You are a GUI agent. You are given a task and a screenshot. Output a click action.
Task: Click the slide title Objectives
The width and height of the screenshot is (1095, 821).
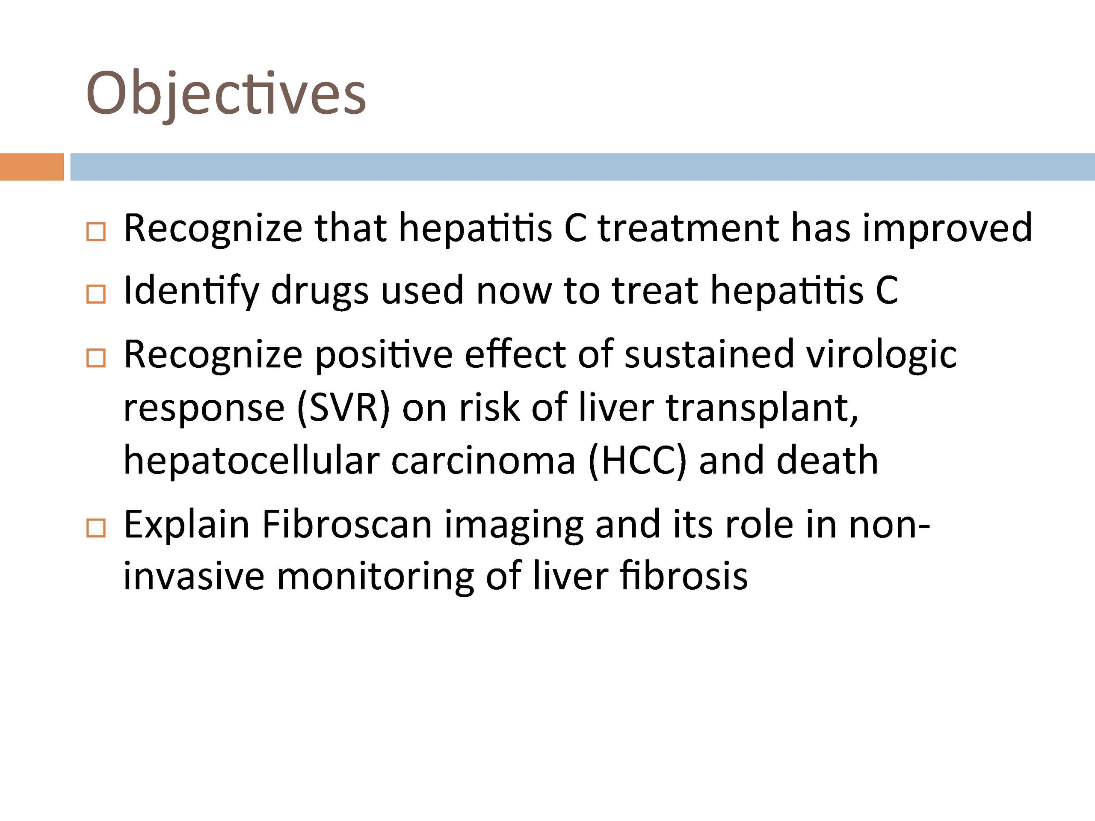click(226, 94)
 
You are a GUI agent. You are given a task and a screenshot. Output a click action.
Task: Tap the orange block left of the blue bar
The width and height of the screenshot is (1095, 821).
click(32, 167)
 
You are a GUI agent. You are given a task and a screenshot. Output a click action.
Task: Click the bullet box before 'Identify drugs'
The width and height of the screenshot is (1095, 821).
click(96, 294)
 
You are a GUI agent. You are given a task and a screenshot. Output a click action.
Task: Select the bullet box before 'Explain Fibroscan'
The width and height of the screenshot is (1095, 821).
click(96, 528)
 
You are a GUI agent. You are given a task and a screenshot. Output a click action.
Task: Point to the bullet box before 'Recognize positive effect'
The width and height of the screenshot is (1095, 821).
click(96, 358)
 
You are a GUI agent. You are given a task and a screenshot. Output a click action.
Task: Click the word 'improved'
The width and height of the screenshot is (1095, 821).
click(947, 229)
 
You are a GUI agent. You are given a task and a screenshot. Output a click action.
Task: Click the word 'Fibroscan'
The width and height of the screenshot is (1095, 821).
click(347, 525)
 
